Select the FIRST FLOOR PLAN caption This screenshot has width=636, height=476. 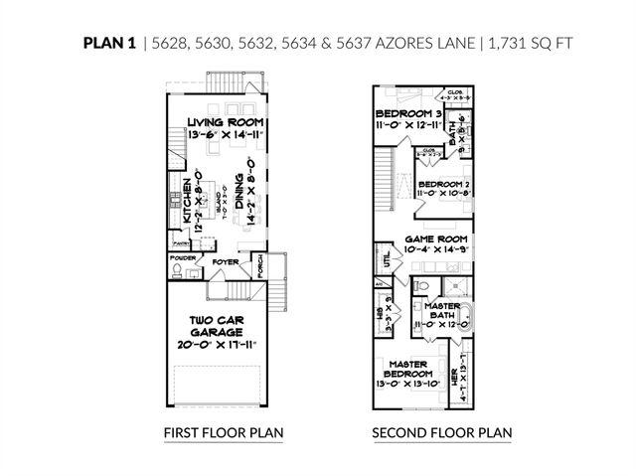click(x=224, y=433)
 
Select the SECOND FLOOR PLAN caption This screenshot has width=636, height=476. click(x=441, y=433)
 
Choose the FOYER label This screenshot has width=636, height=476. click(x=224, y=262)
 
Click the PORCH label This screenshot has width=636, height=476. click(x=258, y=268)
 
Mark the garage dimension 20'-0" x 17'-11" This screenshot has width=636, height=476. click(x=225, y=346)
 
